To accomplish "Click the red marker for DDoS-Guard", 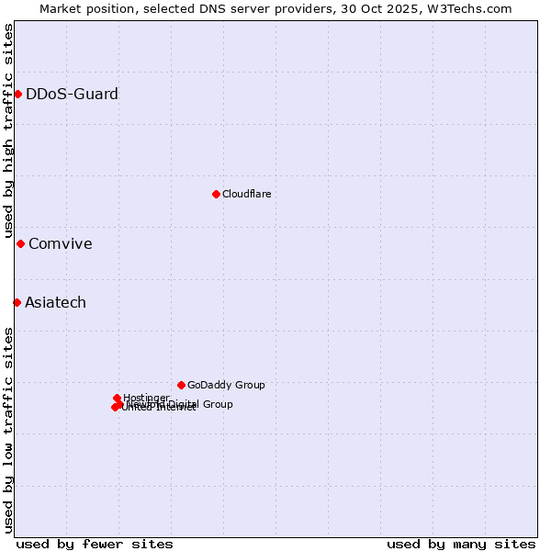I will point(17,94).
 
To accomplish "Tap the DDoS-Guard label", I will point(72,94).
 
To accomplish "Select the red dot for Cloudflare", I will point(216,194).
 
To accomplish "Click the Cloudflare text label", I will point(246,194).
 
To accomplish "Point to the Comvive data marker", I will point(20,243).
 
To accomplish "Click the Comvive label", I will point(60,243).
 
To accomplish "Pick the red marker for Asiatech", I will point(17,302).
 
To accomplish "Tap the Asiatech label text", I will point(55,302).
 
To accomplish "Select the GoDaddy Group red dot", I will point(181,385).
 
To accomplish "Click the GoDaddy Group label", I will point(225,385).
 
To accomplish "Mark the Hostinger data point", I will point(117,398).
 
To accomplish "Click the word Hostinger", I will point(146,397).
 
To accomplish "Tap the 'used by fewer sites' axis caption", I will point(95,544).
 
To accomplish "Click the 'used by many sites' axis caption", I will point(460,544).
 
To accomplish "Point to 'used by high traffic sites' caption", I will point(8,130).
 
